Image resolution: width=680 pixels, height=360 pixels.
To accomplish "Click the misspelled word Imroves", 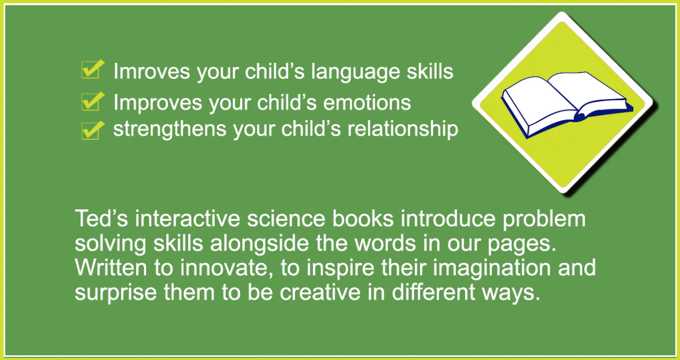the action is point(151,71).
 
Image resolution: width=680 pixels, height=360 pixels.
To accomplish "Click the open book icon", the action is point(567,105).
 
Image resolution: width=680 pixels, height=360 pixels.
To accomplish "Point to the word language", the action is point(355,72).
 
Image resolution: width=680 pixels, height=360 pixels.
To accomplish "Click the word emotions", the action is point(367,102).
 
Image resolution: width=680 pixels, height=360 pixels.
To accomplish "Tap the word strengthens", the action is point(169,130).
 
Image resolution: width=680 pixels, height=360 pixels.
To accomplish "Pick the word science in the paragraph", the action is point(286,219).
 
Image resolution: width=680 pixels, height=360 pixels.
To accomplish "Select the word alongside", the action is point(260,243).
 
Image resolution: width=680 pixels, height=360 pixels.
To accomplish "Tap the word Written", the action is point(110,267).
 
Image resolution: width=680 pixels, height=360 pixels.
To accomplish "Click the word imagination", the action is point(491,268).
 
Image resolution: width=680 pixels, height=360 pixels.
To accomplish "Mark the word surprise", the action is point(116,293).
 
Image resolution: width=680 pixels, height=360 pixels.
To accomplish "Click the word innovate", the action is point(227,268).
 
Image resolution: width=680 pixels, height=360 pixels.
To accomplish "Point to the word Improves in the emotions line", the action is point(158,102).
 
